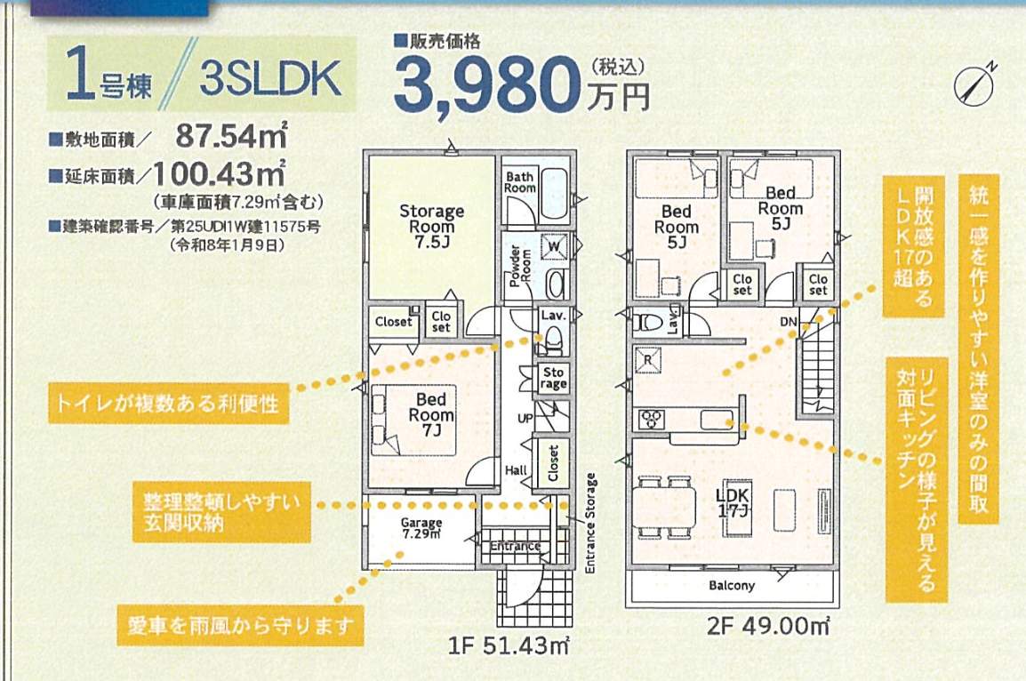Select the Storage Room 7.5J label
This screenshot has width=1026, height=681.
tap(431, 226)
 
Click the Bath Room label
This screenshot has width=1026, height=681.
tap(520, 182)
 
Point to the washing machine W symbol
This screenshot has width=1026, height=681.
tap(554, 244)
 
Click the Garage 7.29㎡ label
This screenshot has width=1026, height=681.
tap(421, 528)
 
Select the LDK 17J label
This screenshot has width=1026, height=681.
tap(736, 503)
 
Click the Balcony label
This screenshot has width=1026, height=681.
tap(732, 586)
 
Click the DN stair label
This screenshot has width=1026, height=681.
tap(788, 321)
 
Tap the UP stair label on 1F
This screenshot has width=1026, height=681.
tap(525, 417)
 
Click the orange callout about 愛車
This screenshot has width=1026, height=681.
tap(241, 626)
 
